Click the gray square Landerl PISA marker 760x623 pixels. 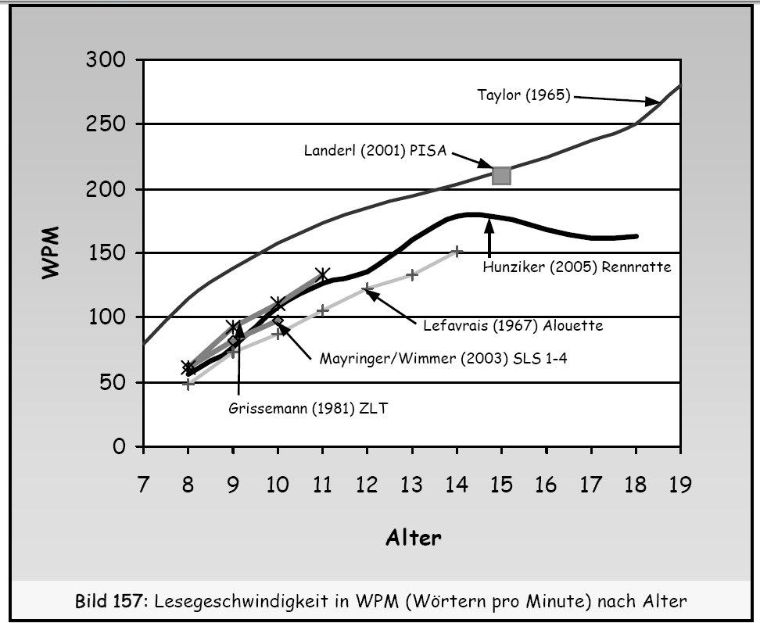(501, 175)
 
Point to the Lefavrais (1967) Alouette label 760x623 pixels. (512, 326)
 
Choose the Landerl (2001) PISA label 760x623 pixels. (375, 150)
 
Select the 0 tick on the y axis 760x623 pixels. (119, 448)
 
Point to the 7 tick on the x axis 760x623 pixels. (143, 485)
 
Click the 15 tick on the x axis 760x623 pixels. (501, 485)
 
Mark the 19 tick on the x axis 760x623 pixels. (679, 485)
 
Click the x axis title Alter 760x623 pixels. (413, 538)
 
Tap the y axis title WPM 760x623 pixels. (52, 253)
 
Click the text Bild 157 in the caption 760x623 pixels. (109, 602)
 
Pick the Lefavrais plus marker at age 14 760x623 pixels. (457, 252)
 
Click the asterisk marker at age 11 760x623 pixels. (322, 274)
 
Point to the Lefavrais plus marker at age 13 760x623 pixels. (412, 275)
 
